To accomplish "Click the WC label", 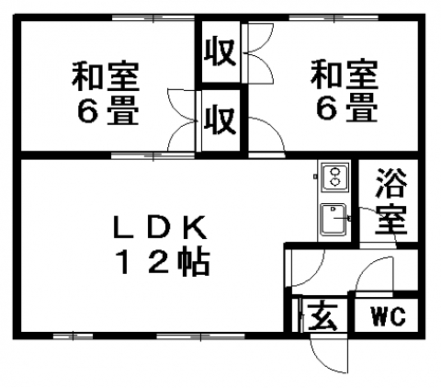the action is coord(389,316).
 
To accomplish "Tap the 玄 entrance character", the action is coord(322,316).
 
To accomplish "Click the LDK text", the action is coord(160,227).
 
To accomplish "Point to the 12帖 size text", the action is coord(164,262).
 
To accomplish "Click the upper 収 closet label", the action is coord(220,52).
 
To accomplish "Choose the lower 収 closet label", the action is coord(220,120).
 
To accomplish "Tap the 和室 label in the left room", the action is coord(106,77).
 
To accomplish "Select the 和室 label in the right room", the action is coord(345,74).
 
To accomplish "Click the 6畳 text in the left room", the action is coord(107,110).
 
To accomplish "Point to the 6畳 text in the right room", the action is coord(346,108).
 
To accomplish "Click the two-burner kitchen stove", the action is coord(334,177).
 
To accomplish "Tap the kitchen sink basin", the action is coord(334,220).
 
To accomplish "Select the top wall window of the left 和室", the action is coord(153,17).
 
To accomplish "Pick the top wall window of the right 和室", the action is coord(334,17).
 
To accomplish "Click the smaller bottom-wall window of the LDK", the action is coord(73,337).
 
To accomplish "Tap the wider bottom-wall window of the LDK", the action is coord(200,337).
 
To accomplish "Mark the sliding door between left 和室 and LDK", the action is coord(153,155).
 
